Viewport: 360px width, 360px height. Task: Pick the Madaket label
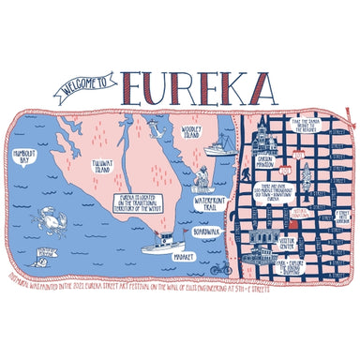184,255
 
